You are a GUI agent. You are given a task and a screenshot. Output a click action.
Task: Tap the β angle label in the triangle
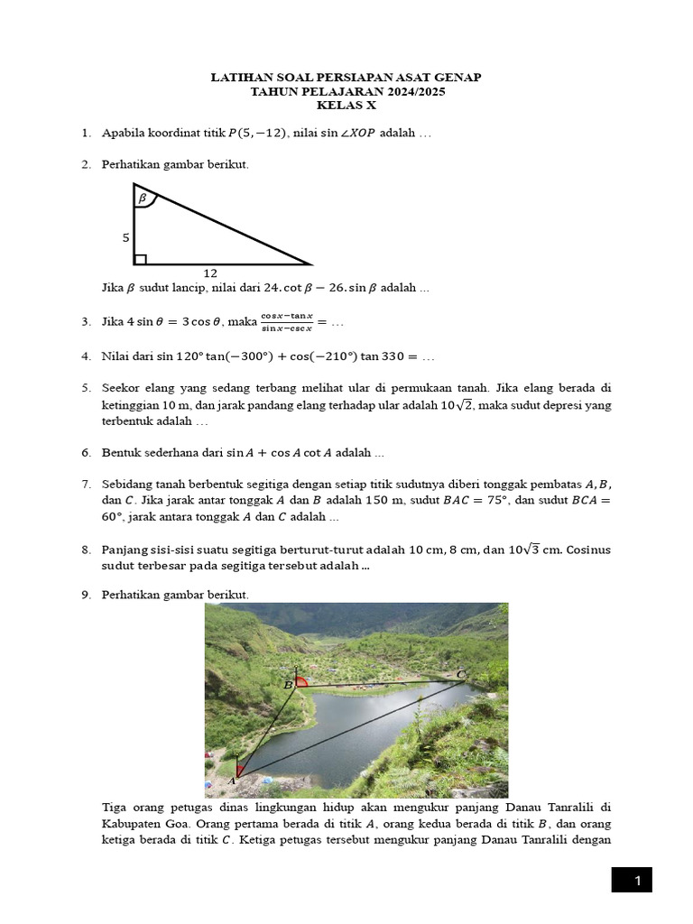click(142, 197)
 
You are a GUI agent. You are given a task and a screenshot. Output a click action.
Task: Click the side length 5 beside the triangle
click(126, 238)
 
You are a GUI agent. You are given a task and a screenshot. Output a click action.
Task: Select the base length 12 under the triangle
click(210, 272)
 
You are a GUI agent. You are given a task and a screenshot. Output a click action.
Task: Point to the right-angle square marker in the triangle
click(140, 259)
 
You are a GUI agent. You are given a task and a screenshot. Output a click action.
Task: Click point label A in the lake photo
click(231, 780)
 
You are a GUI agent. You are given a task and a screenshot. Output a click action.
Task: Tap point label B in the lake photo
click(288, 685)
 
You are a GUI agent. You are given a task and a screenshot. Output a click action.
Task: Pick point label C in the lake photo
click(461, 674)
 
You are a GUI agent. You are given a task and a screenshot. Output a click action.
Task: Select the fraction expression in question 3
click(286, 321)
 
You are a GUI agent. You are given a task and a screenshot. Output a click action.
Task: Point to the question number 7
click(86, 484)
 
